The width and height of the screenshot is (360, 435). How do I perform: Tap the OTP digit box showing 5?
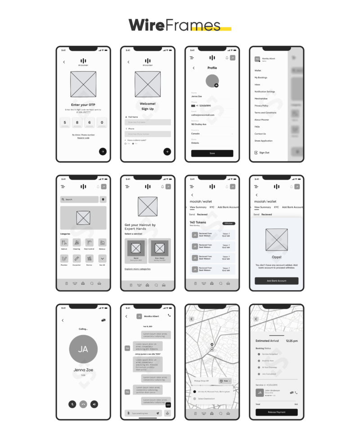pos(65,122)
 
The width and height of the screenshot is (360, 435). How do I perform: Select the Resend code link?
pos(83,138)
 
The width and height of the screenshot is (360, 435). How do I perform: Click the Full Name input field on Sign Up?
pos(148,122)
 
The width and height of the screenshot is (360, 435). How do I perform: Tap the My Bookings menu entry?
pos(261,78)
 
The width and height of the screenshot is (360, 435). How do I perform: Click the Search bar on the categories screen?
pos(80,199)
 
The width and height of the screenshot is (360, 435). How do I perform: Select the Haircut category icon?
pos(64,243)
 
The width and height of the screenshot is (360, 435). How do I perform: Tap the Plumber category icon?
pos(64,259)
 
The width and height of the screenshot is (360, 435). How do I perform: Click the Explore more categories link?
pos(138,269)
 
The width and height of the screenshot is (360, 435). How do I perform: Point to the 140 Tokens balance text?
pos(198,223)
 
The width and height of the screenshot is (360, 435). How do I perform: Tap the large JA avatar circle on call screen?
pos(83,350)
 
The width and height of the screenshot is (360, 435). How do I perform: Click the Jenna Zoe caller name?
pos(83,370)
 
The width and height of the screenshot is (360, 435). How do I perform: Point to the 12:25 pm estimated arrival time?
pos(292,341)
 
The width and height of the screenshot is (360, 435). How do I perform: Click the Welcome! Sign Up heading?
pos(148,106)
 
